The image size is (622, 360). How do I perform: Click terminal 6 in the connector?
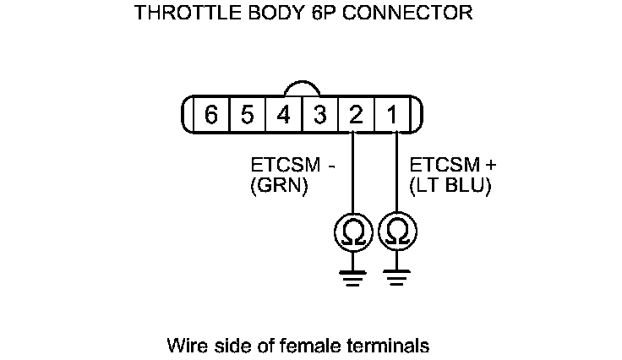click(210, 115)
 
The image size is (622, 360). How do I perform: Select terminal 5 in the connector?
click(247, 115)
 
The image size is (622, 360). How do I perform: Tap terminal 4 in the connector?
click(284, 115)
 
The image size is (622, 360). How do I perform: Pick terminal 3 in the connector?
click(319, 115)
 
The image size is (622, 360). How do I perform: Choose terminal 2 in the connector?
click(356, 115)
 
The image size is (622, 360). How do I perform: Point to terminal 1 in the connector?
click(393, 115)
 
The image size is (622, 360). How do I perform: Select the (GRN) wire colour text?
click(279, 186)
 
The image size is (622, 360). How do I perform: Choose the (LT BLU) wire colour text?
click(450, 186)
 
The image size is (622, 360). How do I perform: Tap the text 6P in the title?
click(334, 13)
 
